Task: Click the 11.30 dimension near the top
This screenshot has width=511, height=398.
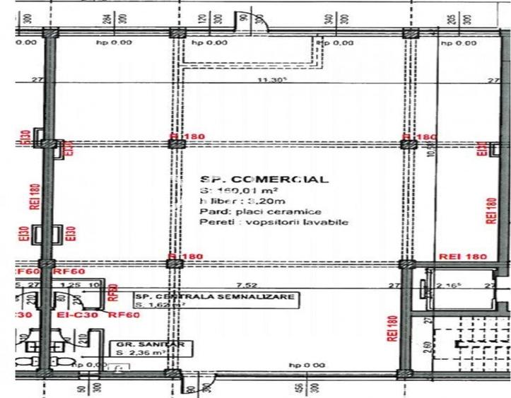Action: [x=269, y=80]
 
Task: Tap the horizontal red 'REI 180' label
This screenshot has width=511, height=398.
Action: [x=463, y=256]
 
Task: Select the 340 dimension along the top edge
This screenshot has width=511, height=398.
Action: [x=329, y=19]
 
